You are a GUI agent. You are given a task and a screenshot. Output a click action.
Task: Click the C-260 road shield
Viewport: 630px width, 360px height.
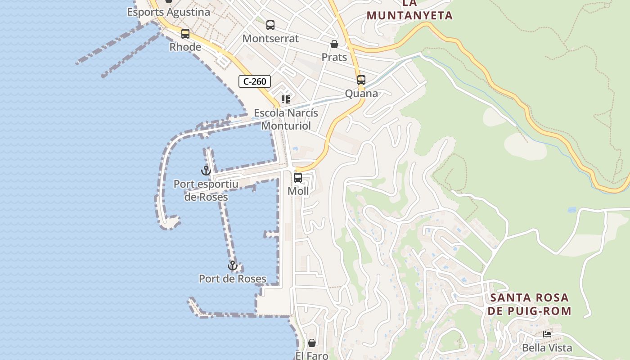(x=255, y=81)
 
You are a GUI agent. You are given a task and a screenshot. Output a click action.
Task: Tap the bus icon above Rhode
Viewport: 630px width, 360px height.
(x=185, y=34)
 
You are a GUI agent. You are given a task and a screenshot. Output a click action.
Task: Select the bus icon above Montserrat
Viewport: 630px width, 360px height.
(x=270, y=25)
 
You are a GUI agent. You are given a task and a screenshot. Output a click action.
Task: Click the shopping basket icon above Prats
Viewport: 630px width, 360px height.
(x=334, y=44)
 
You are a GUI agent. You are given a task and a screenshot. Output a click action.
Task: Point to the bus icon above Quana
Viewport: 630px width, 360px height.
(x=361, y=80)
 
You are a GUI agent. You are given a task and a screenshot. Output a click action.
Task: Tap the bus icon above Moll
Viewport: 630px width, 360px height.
(x=298, y=177)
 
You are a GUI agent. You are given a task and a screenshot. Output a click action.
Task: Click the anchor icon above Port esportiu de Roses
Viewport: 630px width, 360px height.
(x=206, y=171)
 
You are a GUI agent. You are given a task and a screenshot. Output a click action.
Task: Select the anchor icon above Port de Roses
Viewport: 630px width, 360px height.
(x=233, y=265)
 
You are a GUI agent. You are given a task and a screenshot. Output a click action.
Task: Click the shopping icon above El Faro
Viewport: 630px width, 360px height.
(x=312, y=343)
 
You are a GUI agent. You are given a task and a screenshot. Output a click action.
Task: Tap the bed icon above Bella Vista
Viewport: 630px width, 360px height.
(x=547, y=334)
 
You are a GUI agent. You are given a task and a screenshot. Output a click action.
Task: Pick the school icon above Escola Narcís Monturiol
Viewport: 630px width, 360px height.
(x=286, y=99)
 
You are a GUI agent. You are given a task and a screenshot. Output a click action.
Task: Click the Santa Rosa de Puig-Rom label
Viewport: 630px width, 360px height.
(x=530, y=304)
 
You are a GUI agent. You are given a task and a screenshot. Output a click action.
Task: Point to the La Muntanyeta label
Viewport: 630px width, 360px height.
(x=409, y=10)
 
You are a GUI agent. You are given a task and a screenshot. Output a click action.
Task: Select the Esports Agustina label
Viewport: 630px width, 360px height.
(x=169, y=12)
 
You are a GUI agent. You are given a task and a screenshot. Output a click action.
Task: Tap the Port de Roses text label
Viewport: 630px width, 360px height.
(x=233, y=279)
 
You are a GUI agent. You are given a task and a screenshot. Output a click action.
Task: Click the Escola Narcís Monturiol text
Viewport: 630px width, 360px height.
(x=286, y=119)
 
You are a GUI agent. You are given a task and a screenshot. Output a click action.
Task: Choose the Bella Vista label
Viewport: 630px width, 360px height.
(x=547, y=348)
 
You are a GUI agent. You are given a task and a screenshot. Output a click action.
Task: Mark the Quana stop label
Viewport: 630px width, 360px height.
(x=361, y=94)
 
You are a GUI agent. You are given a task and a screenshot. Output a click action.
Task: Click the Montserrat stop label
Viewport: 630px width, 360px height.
(x=270, y=39)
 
